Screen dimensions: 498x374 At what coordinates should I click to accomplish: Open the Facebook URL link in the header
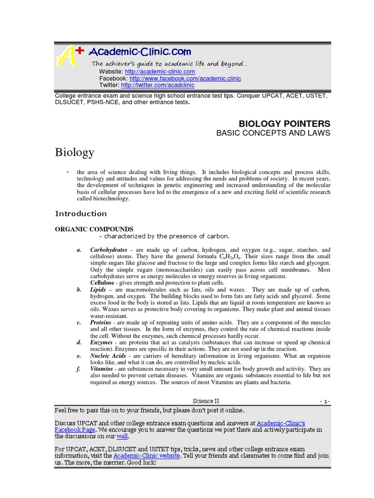[x=185, y=78]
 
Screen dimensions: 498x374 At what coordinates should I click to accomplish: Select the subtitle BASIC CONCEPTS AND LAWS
[x=273, y=133]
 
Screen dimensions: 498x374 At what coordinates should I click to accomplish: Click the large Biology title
[x=74, y=153]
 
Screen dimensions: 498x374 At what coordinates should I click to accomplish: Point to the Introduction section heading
[x=81, y=213]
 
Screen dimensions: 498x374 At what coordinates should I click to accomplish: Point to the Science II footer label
[x=206, y=401]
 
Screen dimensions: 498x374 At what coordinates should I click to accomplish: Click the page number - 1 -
[x=325, y=401]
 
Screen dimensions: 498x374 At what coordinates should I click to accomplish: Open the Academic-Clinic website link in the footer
[x=147, y=456]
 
